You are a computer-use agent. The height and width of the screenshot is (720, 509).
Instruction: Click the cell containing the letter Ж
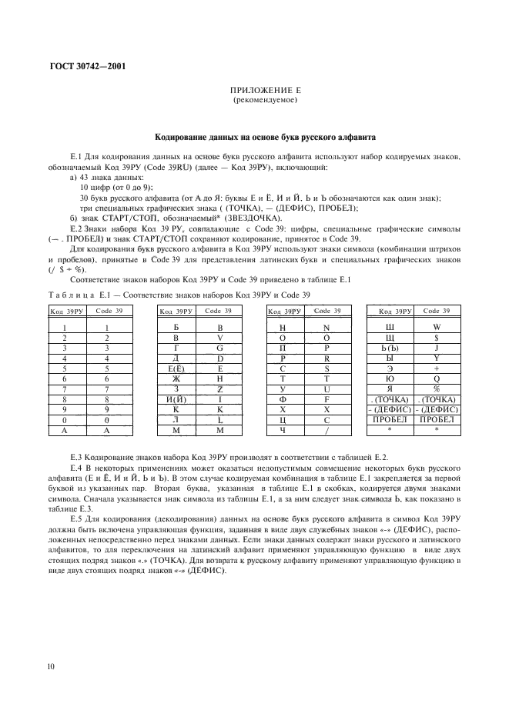(x=176, y=378)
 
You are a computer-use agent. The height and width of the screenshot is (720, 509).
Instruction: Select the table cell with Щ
(x=390, y=338)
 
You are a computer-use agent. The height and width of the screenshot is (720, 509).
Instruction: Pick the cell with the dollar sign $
(x=437, y=338)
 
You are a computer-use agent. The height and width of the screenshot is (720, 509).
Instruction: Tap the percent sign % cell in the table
(x=437, y=388)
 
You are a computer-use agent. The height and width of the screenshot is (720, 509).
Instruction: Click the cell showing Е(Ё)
(x=176, y=368)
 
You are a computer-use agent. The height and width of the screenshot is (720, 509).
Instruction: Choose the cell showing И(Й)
(x=176, y=399)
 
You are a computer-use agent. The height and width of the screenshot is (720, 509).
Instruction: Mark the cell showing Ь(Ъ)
(x=390, y=348)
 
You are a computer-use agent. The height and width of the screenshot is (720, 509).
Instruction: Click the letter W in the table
(x=437, y=328)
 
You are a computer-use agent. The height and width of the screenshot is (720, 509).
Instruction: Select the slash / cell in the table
(x=327, y=430)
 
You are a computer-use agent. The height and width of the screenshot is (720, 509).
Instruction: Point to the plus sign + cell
(x=437, y=368)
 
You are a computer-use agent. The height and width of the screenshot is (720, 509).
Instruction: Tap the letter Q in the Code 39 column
(x=437, y=378)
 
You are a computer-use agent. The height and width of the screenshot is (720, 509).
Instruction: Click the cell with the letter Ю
(x=390, y=378)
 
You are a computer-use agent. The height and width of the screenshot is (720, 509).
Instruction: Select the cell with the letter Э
(x=390, y=368)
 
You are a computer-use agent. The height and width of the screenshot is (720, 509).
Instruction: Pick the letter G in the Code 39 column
(x=220, y=348)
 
